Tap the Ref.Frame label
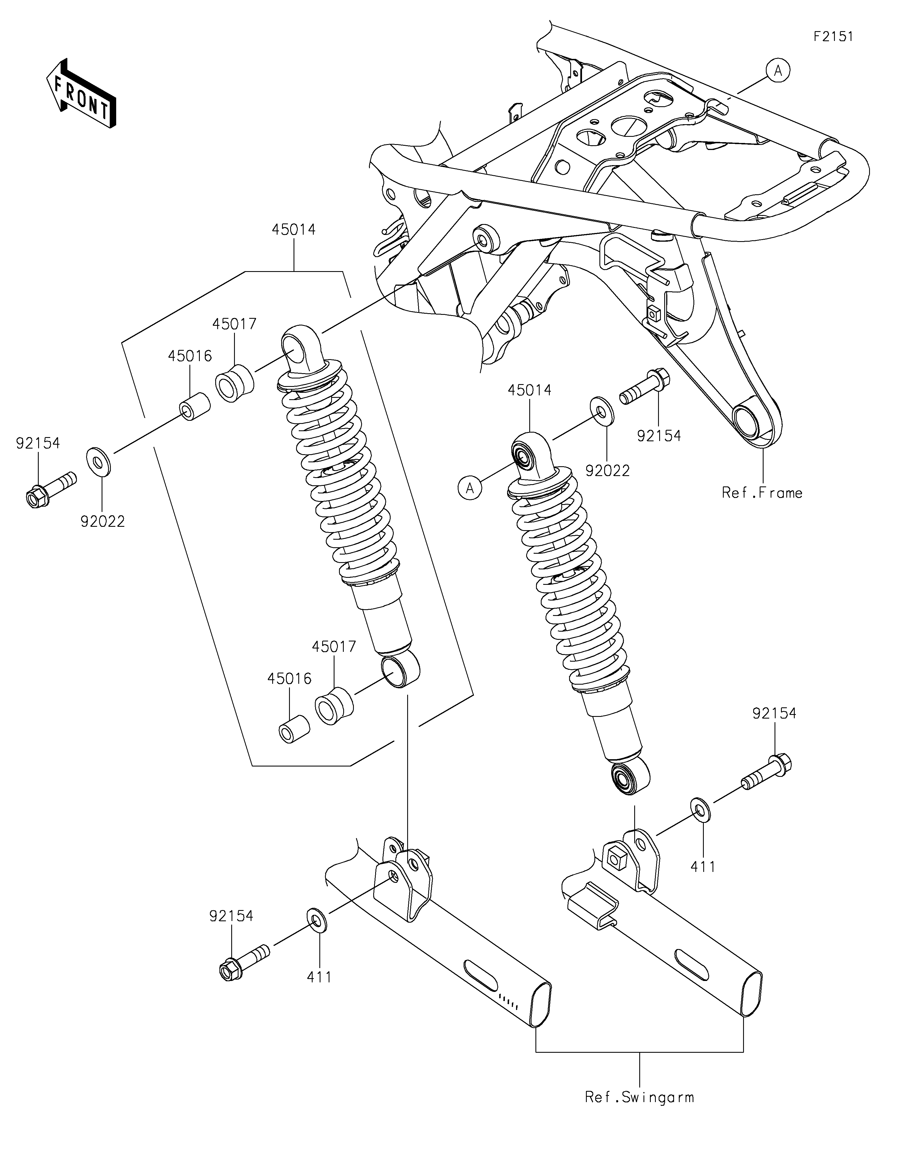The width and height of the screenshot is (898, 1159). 762,493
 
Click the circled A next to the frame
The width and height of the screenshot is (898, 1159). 778,70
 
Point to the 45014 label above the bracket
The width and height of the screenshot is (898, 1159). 294,230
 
